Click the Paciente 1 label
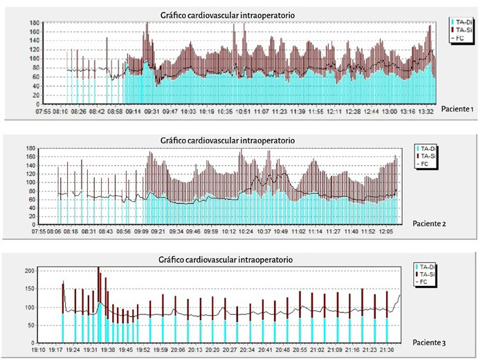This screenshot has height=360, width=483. click(x=457, y=109)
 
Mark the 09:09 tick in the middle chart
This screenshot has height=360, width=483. click(x=141, y=231)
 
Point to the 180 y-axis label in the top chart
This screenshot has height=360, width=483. click(x=33, y=23)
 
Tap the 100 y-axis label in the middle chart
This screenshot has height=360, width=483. click(x=31, y=182)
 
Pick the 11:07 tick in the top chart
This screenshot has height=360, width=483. click(x=262, y=111)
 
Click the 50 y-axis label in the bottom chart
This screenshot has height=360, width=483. click(x=33, y=324)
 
